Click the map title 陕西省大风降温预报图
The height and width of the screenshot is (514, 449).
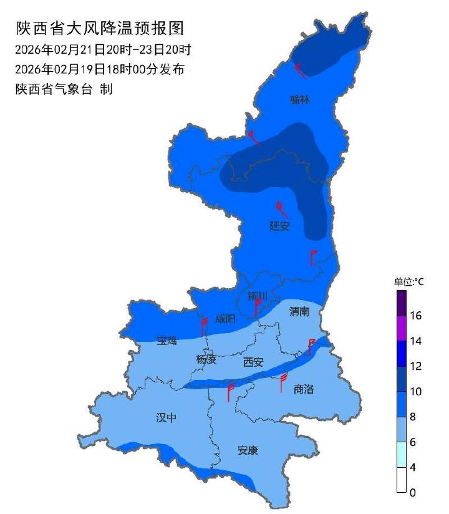[x=100, y=29]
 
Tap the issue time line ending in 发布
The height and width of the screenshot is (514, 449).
[x=100, y=69]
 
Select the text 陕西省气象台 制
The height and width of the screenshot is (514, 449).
[x=64, y=89]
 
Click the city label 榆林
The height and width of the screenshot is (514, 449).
[x=300, y=100]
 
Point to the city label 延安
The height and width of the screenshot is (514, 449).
[x=279, y=226]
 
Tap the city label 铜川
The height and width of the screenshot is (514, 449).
[x=258, y=296]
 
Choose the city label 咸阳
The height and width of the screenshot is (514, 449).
[x=225, y=319]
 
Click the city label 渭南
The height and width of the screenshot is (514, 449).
[x=299, y=312]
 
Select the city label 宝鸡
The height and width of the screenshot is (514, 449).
[x=167, y=341]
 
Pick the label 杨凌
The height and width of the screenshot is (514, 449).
[x=206, y=359]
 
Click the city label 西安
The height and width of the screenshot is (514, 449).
[x=254, y=362]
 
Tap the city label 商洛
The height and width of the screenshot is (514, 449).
[x=304, y=389]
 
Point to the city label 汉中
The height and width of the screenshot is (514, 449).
[x=167, y=418]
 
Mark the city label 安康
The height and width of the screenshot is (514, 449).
[x=248, y=450]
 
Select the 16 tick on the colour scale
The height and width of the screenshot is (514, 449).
[x=416, y=316]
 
